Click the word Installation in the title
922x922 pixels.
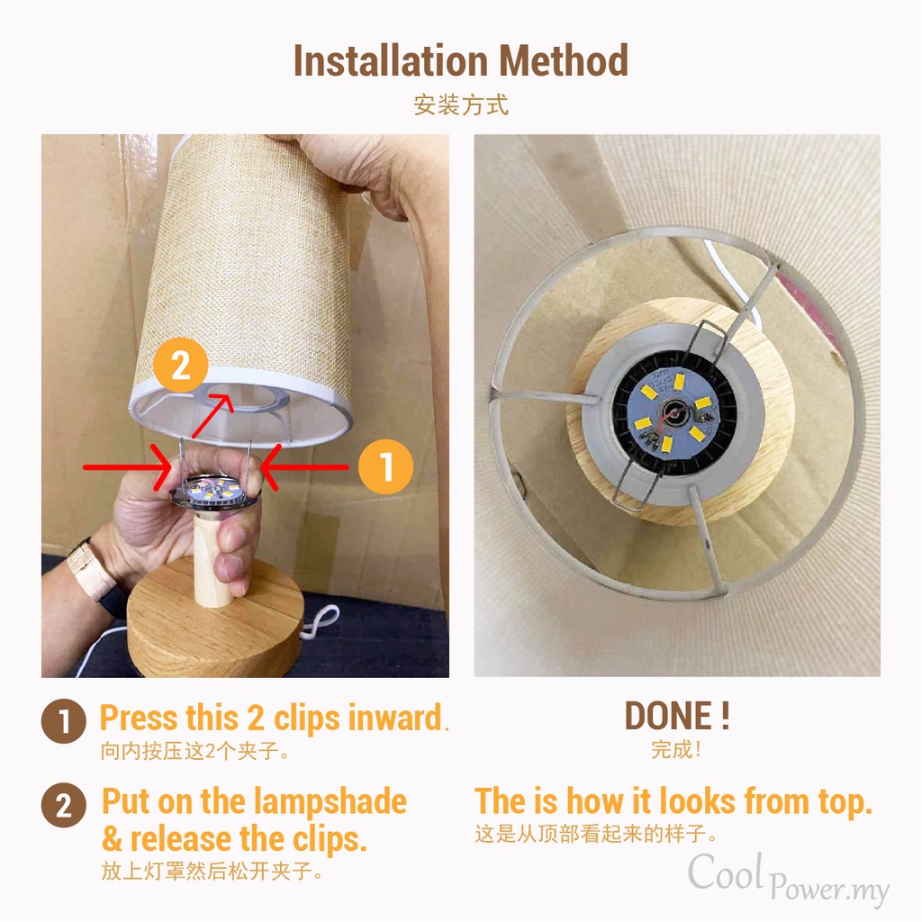coord(391,60)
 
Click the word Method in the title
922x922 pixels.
coord(564,60)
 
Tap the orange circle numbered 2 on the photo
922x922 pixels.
coord(181,366)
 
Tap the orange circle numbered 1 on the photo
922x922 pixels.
coord(385,467)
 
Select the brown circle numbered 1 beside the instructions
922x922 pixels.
coord(64,721)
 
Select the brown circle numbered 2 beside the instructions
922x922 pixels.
coord(64,805)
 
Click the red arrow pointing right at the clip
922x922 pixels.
coord(127,467)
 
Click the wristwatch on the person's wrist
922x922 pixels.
coord(91,570)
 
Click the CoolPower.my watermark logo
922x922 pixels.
coord(788,879)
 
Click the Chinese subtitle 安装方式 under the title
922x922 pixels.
coord(461,105)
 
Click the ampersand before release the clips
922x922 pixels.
coord(112,839)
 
